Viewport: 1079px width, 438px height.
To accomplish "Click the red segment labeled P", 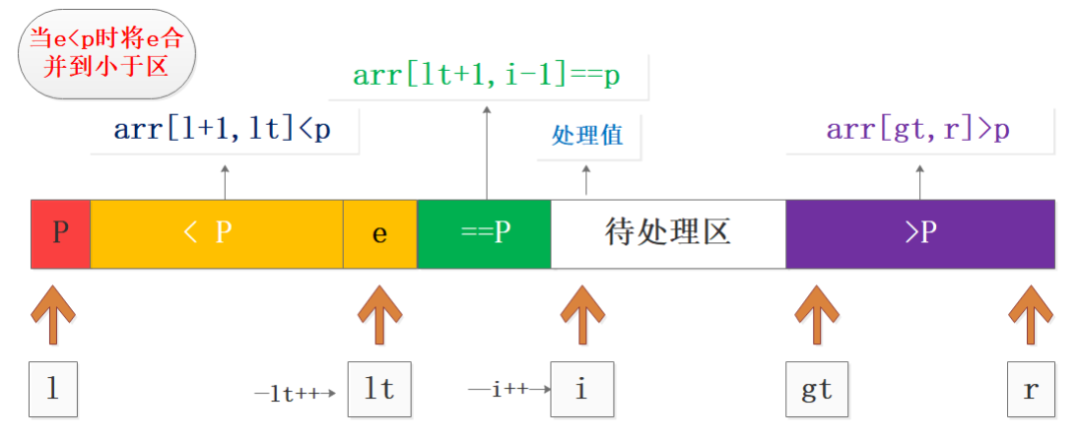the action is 61,233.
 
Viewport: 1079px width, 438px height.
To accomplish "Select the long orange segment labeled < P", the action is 217,233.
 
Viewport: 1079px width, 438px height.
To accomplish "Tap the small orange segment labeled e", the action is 380,233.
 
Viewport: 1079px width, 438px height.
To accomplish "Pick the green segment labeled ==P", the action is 485,233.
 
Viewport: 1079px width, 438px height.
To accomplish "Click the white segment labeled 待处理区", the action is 668,233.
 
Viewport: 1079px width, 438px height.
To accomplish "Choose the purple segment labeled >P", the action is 920,233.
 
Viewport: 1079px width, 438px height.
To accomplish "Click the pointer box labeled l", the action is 53,388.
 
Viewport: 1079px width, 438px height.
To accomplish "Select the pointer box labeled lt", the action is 380,388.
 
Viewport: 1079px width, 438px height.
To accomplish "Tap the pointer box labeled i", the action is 581,388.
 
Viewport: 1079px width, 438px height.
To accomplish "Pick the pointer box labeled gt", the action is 817,388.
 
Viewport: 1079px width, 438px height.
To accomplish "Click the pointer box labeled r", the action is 1030,388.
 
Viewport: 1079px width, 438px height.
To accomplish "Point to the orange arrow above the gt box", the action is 817,315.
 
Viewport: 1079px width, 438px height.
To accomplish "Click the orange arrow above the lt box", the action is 380,315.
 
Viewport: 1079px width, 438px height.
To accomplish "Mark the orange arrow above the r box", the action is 1031,315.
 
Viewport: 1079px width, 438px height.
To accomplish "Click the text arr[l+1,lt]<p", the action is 222,130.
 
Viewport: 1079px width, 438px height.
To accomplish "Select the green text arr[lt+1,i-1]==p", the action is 487,75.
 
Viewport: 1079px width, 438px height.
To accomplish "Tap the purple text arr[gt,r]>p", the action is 918,130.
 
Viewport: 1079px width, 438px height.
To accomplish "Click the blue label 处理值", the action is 587,136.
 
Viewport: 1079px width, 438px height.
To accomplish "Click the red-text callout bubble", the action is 107,52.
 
